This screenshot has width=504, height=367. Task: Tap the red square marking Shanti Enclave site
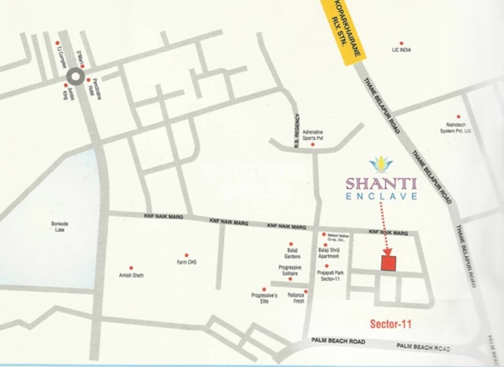(389, 263)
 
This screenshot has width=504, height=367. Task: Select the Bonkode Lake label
(61, 226)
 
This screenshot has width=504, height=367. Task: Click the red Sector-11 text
(391, 324)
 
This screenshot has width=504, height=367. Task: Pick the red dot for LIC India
(401, 43)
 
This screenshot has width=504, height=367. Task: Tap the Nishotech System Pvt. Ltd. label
(456, 128)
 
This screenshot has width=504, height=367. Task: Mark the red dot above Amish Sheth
(131, 268)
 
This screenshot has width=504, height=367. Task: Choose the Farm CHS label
(186, 262)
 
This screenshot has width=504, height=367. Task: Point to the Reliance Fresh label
(296, 298)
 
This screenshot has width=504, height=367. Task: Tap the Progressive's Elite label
(264, 298)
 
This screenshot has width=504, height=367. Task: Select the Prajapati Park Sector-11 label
(328, 276)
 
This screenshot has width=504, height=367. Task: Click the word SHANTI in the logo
(381, 183)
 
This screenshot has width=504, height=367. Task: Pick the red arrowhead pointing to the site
(387, 251)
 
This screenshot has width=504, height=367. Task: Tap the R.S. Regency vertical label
(297, 130)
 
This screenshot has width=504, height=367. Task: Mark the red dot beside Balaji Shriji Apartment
(325, 245)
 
